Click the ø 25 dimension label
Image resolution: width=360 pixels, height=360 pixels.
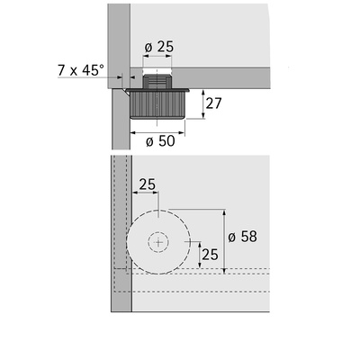point(159,47)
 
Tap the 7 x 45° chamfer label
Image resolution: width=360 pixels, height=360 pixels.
point(81,70)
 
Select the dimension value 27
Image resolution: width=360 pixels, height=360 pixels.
point(213,103)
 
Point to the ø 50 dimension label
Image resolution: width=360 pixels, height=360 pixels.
point(160,140)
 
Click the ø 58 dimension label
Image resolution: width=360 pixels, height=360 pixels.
point(242,237)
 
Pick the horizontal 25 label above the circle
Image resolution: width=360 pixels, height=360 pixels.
point(147,184)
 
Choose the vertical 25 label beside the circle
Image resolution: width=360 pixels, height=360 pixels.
point(210,255)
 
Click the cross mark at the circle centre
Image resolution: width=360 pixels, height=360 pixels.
point(158,242)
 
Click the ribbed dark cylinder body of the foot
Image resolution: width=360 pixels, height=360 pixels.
point(157,105)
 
